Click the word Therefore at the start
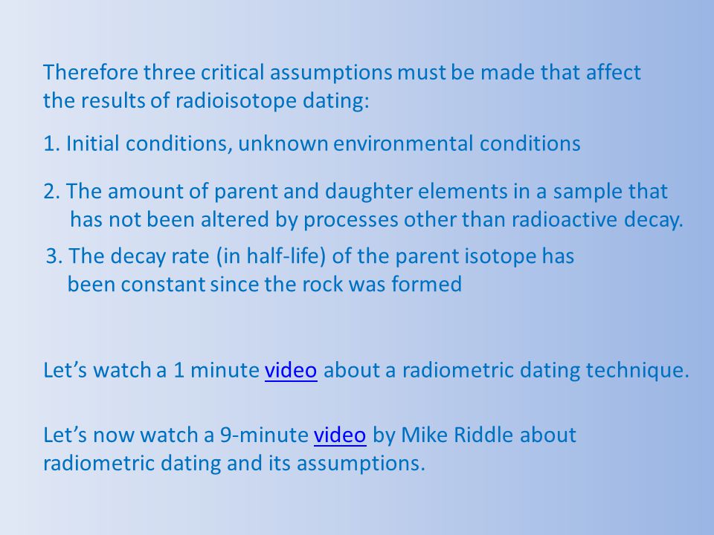click(x=90, y=73)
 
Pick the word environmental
click(x=403, y=143)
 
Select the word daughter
click(x=369, y=192)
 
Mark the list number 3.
click(x=54, y=256)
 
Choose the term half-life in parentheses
click(x=286, y=256)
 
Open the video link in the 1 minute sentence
click(x=291, y=370)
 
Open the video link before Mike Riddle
click(x=340, y=435)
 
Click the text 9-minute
click(x=265, y=435)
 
